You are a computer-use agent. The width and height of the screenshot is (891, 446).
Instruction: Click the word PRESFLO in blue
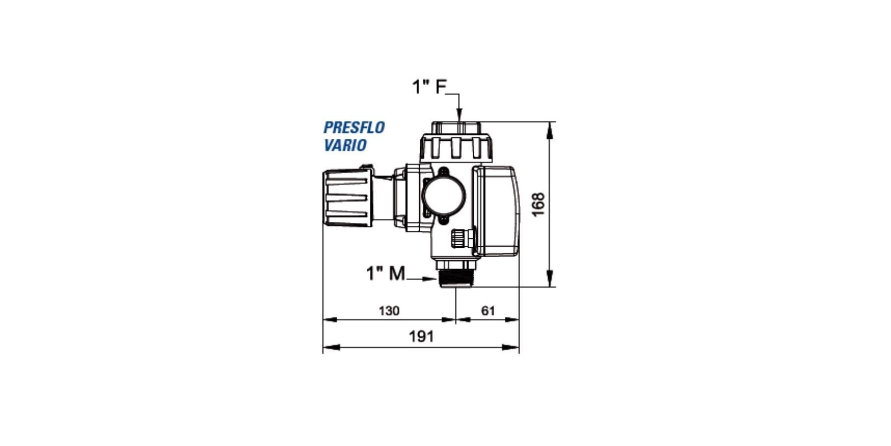[354, 128]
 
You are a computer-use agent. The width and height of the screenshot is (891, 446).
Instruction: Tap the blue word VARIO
[345, 145]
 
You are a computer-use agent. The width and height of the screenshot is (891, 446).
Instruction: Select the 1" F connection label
[429, 87]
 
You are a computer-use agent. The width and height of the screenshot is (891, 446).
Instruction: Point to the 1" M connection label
[386, 273]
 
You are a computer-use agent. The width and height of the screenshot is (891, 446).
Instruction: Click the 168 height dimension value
[538, 204]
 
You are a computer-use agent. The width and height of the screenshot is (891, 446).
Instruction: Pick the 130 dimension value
[389, 311]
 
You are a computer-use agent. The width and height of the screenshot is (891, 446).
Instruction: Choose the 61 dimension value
[488, 311]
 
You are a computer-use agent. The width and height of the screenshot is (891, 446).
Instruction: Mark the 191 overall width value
[421, 336]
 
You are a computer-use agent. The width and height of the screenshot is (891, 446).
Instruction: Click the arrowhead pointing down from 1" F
[459, 115]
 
